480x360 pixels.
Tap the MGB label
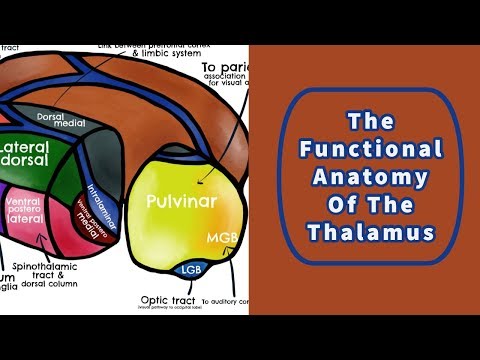coord(220,239)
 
